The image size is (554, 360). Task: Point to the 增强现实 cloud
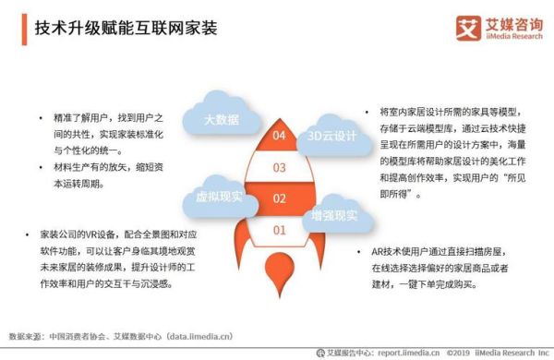pos(334,215)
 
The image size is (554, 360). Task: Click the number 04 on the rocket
pos(278,136)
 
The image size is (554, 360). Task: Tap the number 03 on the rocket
pos(278,167)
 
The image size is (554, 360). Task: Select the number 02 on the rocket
pos(278,198)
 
